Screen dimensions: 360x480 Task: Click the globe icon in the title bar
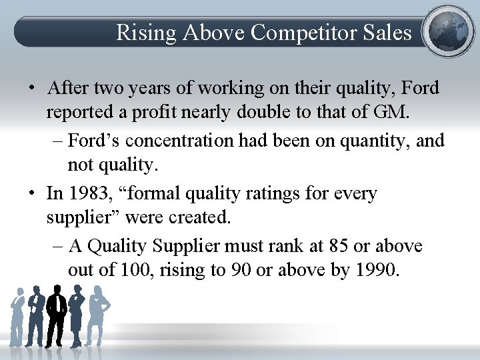point(448,31)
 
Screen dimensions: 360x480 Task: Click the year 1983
point(91,193)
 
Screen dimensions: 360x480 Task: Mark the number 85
point(339,246)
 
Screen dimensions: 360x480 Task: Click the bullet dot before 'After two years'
point(31,88)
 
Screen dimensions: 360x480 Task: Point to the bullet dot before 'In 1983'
point(31,194)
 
